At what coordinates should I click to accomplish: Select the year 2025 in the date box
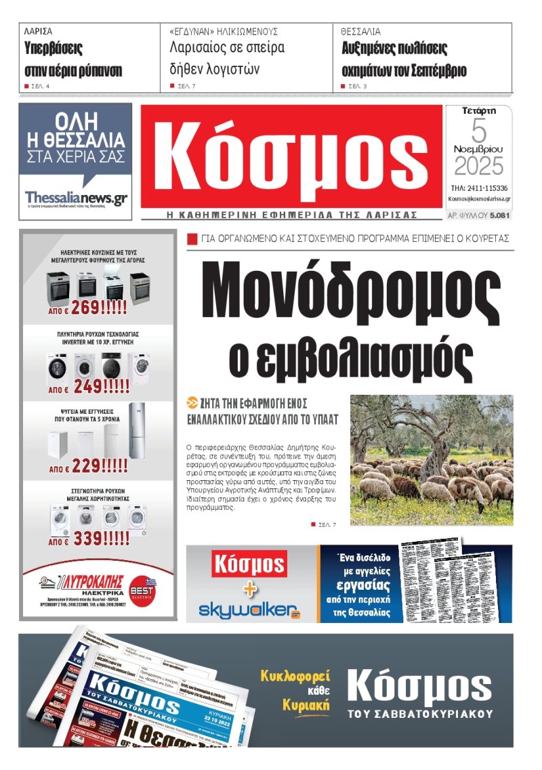478,166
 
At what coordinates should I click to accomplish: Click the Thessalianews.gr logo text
75,198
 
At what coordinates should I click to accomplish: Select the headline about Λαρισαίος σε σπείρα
226,58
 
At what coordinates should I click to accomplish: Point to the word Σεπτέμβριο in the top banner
433,70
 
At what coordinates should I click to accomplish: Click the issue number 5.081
499,215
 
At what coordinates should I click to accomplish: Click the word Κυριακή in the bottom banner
306,705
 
